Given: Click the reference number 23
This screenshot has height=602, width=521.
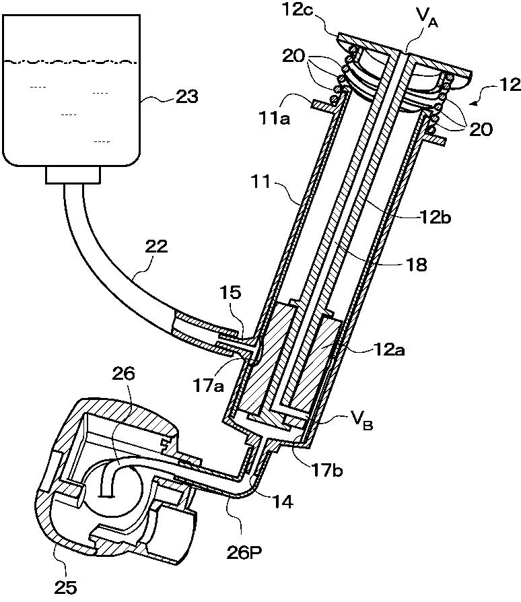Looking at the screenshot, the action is pos(187,96).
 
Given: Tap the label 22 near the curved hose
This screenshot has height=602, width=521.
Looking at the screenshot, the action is pos(157,246).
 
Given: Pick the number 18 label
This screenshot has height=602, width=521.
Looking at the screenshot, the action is pos(416,265).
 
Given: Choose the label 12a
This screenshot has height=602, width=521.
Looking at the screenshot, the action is pos(389,349).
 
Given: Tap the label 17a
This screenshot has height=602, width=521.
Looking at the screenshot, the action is pos(208,386).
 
